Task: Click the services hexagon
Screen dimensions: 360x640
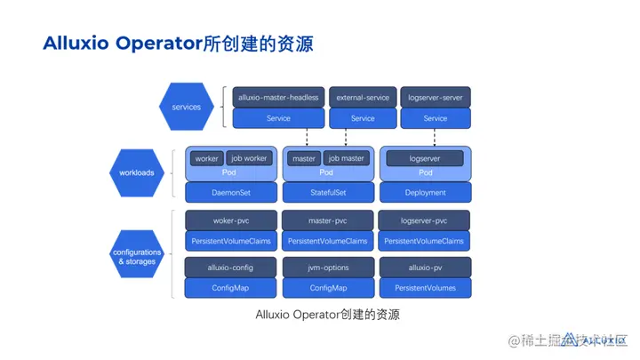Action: click(180, 108)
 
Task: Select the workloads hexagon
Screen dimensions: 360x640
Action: click(138, 172)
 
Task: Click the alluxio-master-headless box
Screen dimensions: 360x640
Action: click(278, 97)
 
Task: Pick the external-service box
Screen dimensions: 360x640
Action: click(363, 97)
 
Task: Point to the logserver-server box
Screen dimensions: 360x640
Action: click(435, 97)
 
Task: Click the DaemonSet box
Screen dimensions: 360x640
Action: click(231, 192)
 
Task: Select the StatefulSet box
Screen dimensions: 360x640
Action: click(327, 192)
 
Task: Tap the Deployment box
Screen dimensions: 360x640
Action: click(425, 192)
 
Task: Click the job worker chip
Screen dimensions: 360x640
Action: click(249, 158)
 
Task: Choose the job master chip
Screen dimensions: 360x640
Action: click(346, 158)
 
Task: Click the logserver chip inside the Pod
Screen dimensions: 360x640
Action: click(425, 158)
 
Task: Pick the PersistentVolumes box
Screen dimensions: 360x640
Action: click(425, 288)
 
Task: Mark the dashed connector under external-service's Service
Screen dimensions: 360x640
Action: click(363, 137)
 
